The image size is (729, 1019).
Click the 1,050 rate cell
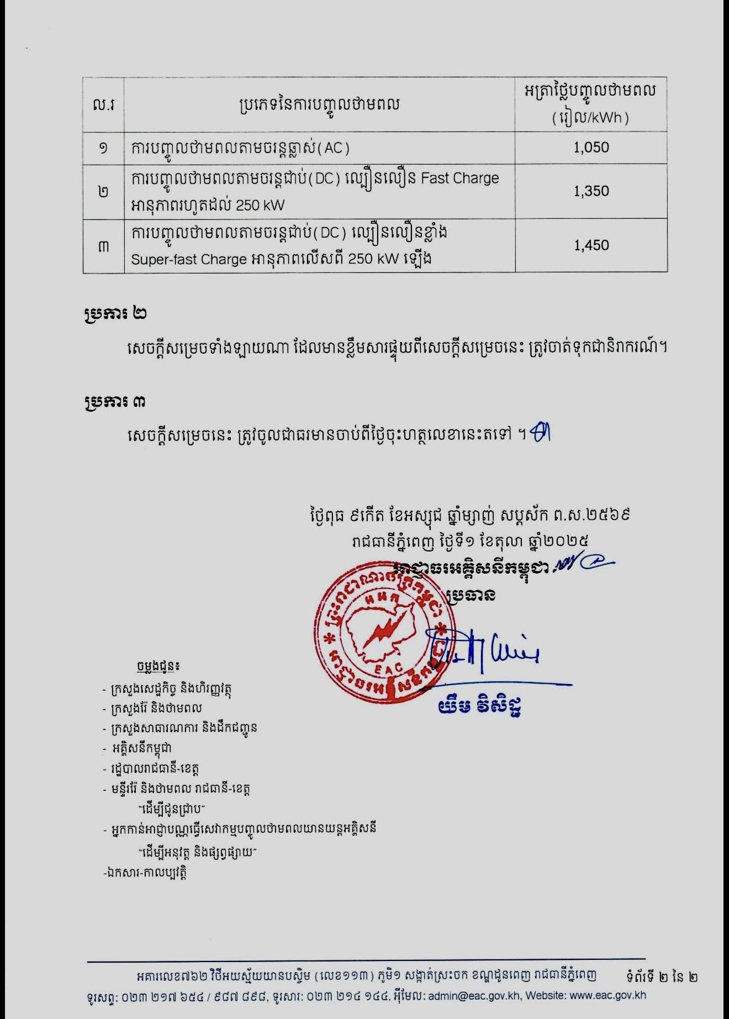(x=591, y=148)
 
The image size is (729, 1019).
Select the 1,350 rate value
(x=591, y=191)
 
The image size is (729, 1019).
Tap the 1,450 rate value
(x=591, y=245)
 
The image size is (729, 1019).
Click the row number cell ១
(x=103, y=148)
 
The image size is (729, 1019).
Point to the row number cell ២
(x=103, y=192)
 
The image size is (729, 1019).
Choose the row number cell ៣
(x=103, y=246)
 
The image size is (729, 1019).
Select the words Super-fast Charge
(x=188, y=259)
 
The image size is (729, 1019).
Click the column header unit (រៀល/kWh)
(x=590, y=118)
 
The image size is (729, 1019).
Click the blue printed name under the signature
(x=480, y=707)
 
